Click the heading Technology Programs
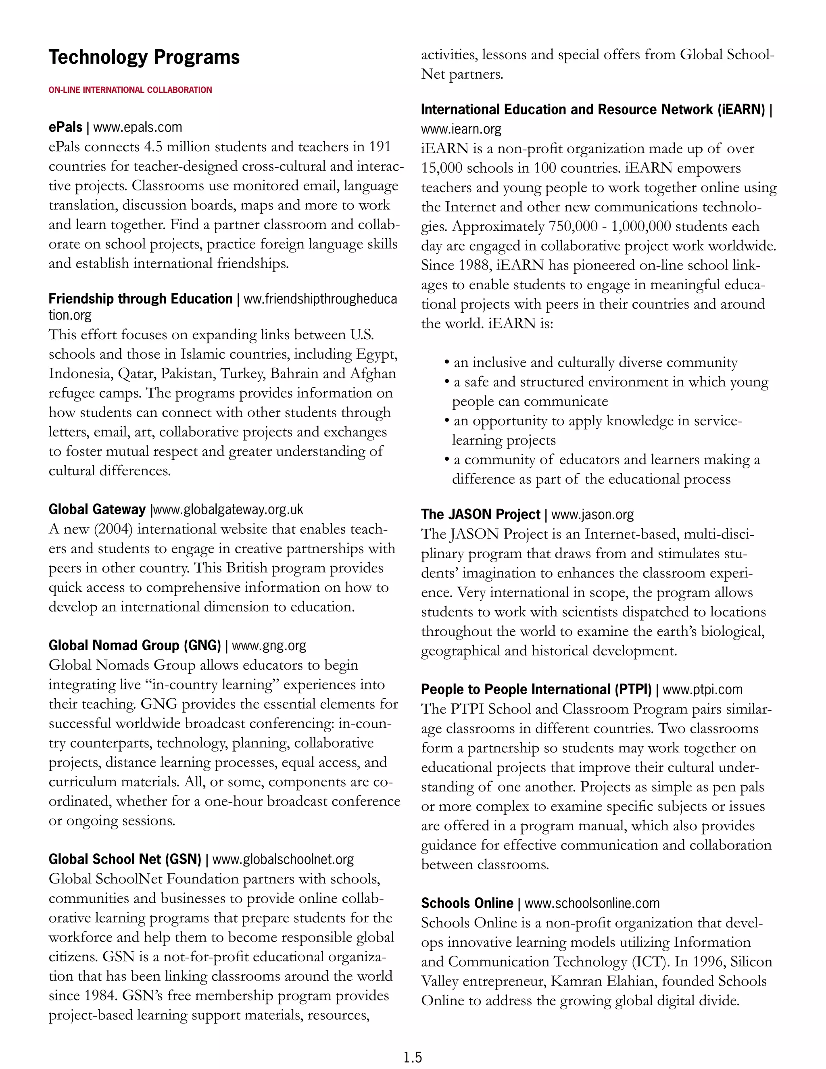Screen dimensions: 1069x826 click(x=144, y=57)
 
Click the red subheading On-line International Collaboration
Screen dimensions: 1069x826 click(x=130, y=90)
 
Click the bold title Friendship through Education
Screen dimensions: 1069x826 click(x=140, y=299)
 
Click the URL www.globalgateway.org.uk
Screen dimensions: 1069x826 click(x=228, y=509)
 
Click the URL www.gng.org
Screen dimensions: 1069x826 click(x=269, y=645)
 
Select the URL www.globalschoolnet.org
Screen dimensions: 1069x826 click(x=283, y=859)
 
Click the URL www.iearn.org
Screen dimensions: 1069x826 click(x=461, y=129)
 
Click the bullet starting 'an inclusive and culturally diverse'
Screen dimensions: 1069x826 click(x=594, y=362)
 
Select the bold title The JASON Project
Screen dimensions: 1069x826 click(x=480, y=514)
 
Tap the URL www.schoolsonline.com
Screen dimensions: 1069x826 click(x=592, y=903)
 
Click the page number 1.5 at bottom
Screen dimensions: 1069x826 click(x=413, y=1058)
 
